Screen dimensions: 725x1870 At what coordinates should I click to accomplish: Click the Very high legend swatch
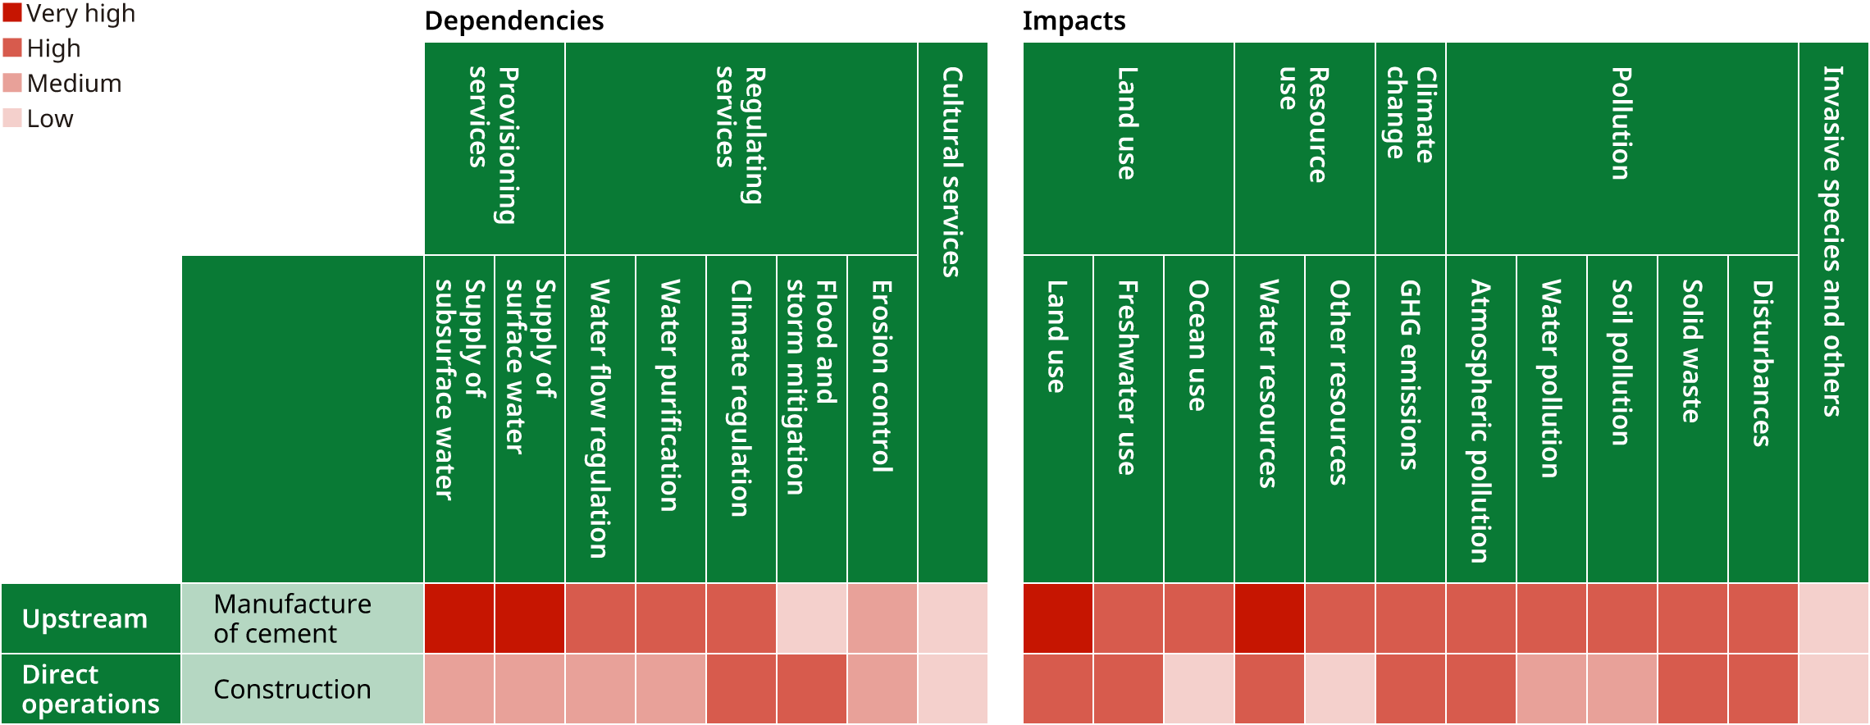(x=12, y=13)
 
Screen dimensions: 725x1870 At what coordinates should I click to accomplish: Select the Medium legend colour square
(x=12, y=83)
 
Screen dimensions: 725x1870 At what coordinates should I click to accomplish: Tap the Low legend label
(x=50, y=119)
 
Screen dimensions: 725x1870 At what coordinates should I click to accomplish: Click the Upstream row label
(x=84, y=618)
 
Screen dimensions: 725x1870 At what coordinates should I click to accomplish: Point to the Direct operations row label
(x=90, y=689)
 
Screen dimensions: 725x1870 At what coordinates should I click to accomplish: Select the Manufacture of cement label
(x=292, y=618)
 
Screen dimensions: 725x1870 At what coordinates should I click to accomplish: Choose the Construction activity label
(x=292, y=689)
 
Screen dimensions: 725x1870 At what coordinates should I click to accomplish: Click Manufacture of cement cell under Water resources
(x=1269, y=618)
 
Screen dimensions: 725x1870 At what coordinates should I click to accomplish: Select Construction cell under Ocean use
(x=1198, y=689)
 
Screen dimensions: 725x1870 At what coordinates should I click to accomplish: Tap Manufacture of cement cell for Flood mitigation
(x=811, y=618)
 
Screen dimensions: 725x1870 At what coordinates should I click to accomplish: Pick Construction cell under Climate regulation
(x=741, y=689)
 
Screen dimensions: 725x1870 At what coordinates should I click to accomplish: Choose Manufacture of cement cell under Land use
(x=1057, y=618)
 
